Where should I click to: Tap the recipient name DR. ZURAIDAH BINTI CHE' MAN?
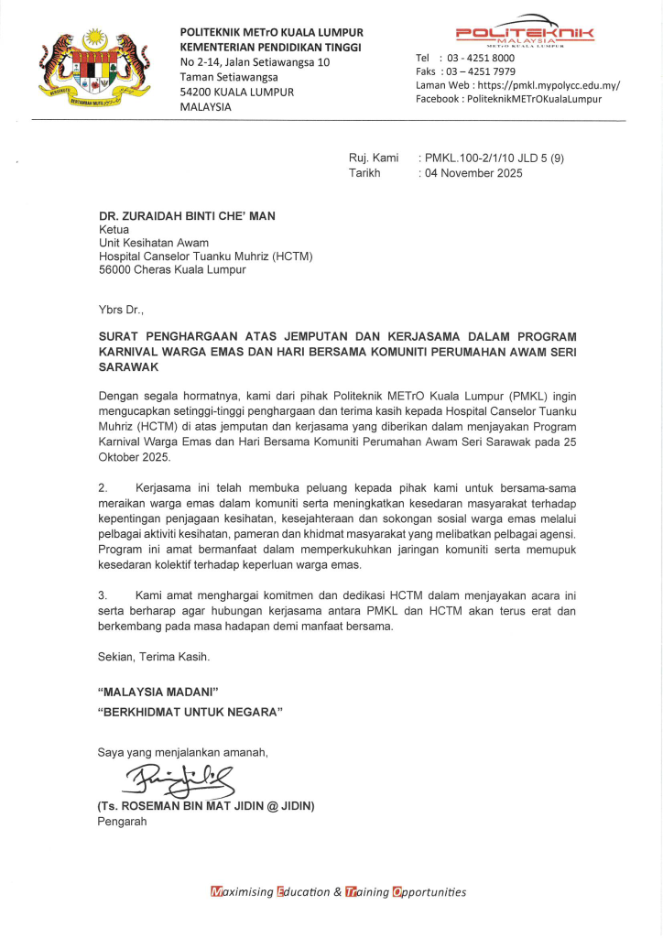(x=187, y=216)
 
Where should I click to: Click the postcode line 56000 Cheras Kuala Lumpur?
(x=171, y=270)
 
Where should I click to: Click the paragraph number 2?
(x=103, y=488)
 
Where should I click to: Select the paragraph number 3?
(x=103, y=595)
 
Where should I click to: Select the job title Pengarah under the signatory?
(x=122, y=821)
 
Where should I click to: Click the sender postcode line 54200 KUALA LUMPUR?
(x=237, y=92)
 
